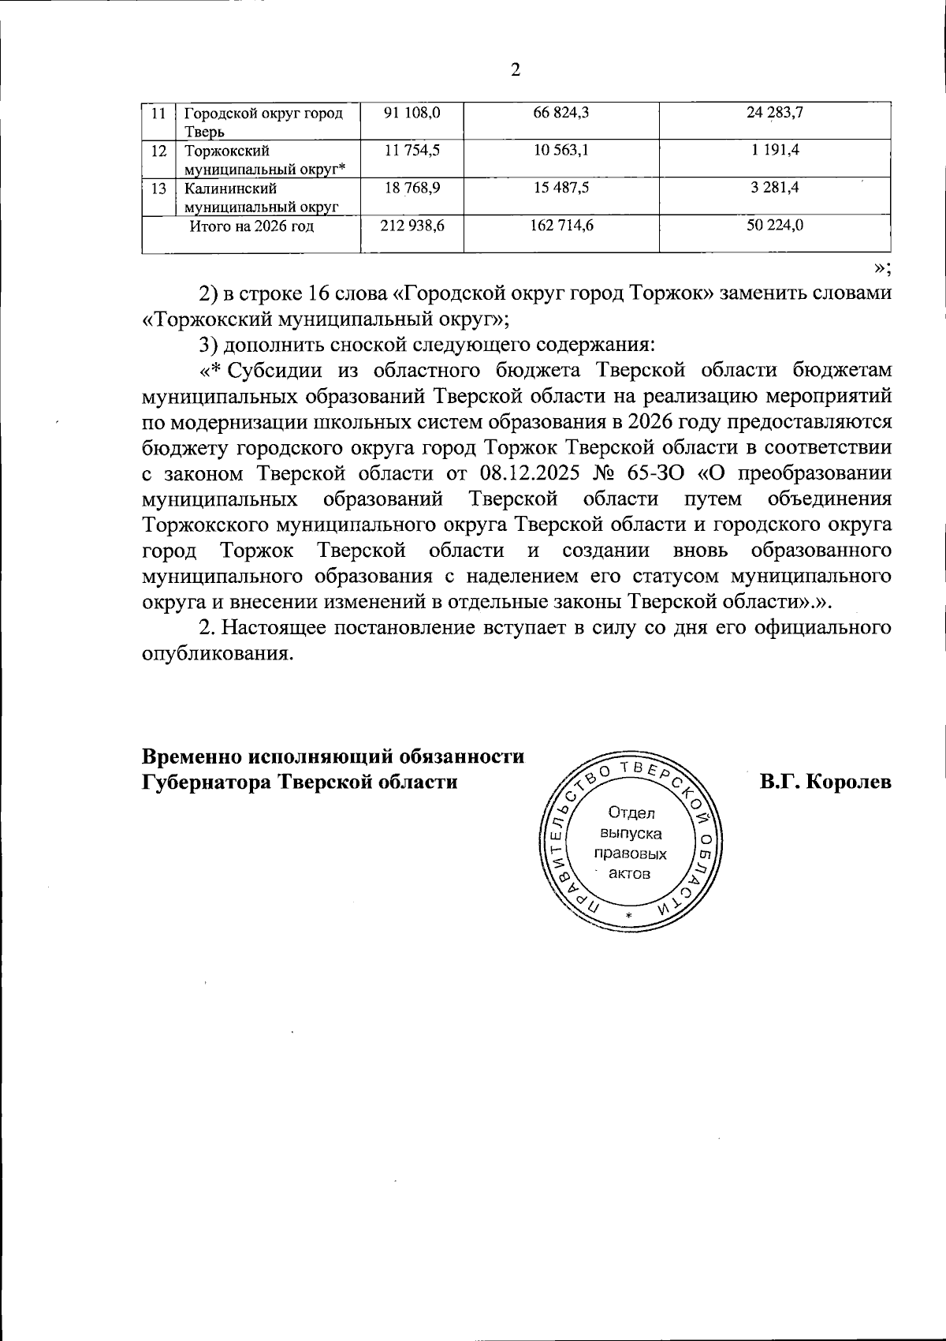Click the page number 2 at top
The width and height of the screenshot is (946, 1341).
516,70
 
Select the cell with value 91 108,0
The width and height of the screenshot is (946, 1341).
412,113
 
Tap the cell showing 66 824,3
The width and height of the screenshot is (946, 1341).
561,113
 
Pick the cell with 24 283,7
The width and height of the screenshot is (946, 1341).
774,113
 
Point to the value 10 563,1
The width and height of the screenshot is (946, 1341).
561,150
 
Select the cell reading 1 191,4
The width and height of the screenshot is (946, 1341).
774,150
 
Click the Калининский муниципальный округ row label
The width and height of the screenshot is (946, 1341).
260,197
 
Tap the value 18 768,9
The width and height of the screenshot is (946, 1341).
412,188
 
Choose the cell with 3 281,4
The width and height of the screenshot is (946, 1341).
774,188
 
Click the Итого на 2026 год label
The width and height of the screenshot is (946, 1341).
251,226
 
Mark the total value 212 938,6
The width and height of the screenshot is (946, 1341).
412,226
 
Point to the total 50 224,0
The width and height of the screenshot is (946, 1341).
774,226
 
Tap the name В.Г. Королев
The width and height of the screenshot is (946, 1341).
825,782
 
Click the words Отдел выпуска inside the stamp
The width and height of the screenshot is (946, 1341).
631,823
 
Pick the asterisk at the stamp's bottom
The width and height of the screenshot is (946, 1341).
628,915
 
